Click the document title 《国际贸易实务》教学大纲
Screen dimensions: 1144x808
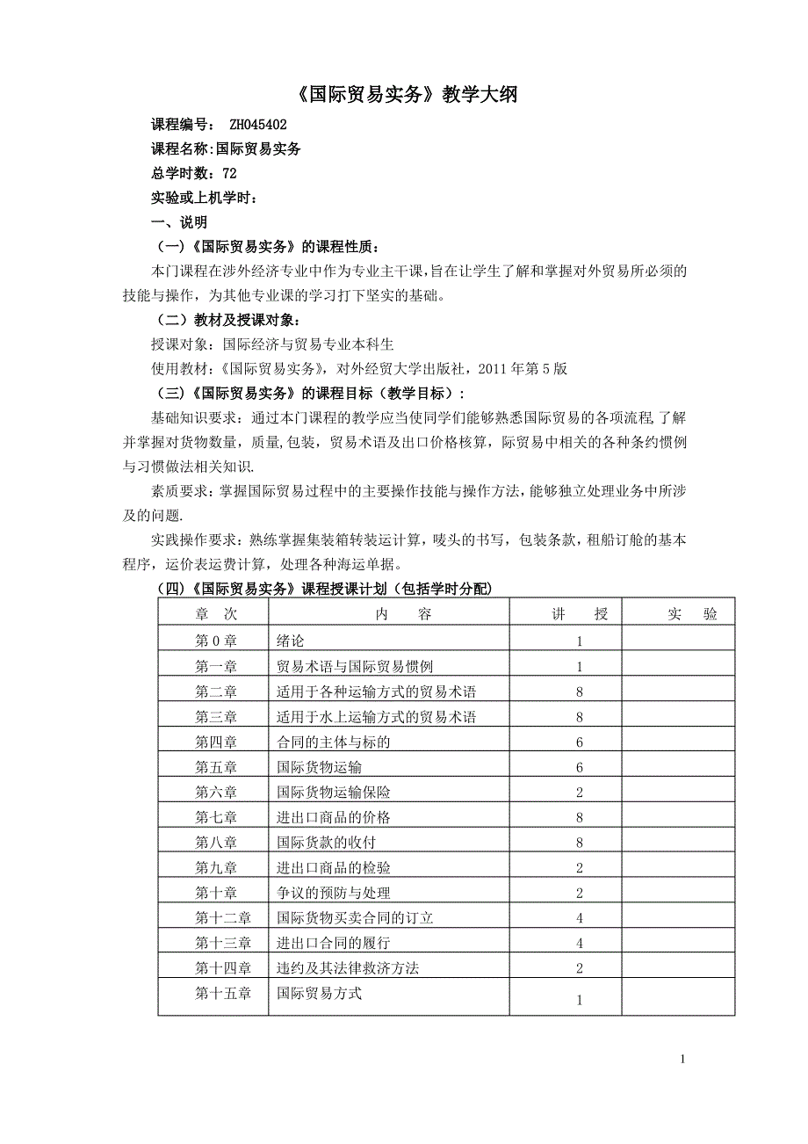[403, 95]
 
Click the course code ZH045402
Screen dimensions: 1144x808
[257, 125]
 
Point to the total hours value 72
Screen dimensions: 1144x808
[229, 174]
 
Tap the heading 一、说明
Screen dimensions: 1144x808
[179, 222]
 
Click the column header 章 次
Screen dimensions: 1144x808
[215, 615]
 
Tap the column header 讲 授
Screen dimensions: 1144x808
[580, 615]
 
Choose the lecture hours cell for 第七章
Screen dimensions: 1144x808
[580, 818]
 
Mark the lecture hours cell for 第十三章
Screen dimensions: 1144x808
[580, 944]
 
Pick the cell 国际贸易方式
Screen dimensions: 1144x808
[319, 994]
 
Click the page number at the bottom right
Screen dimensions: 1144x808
[682, 1060]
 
